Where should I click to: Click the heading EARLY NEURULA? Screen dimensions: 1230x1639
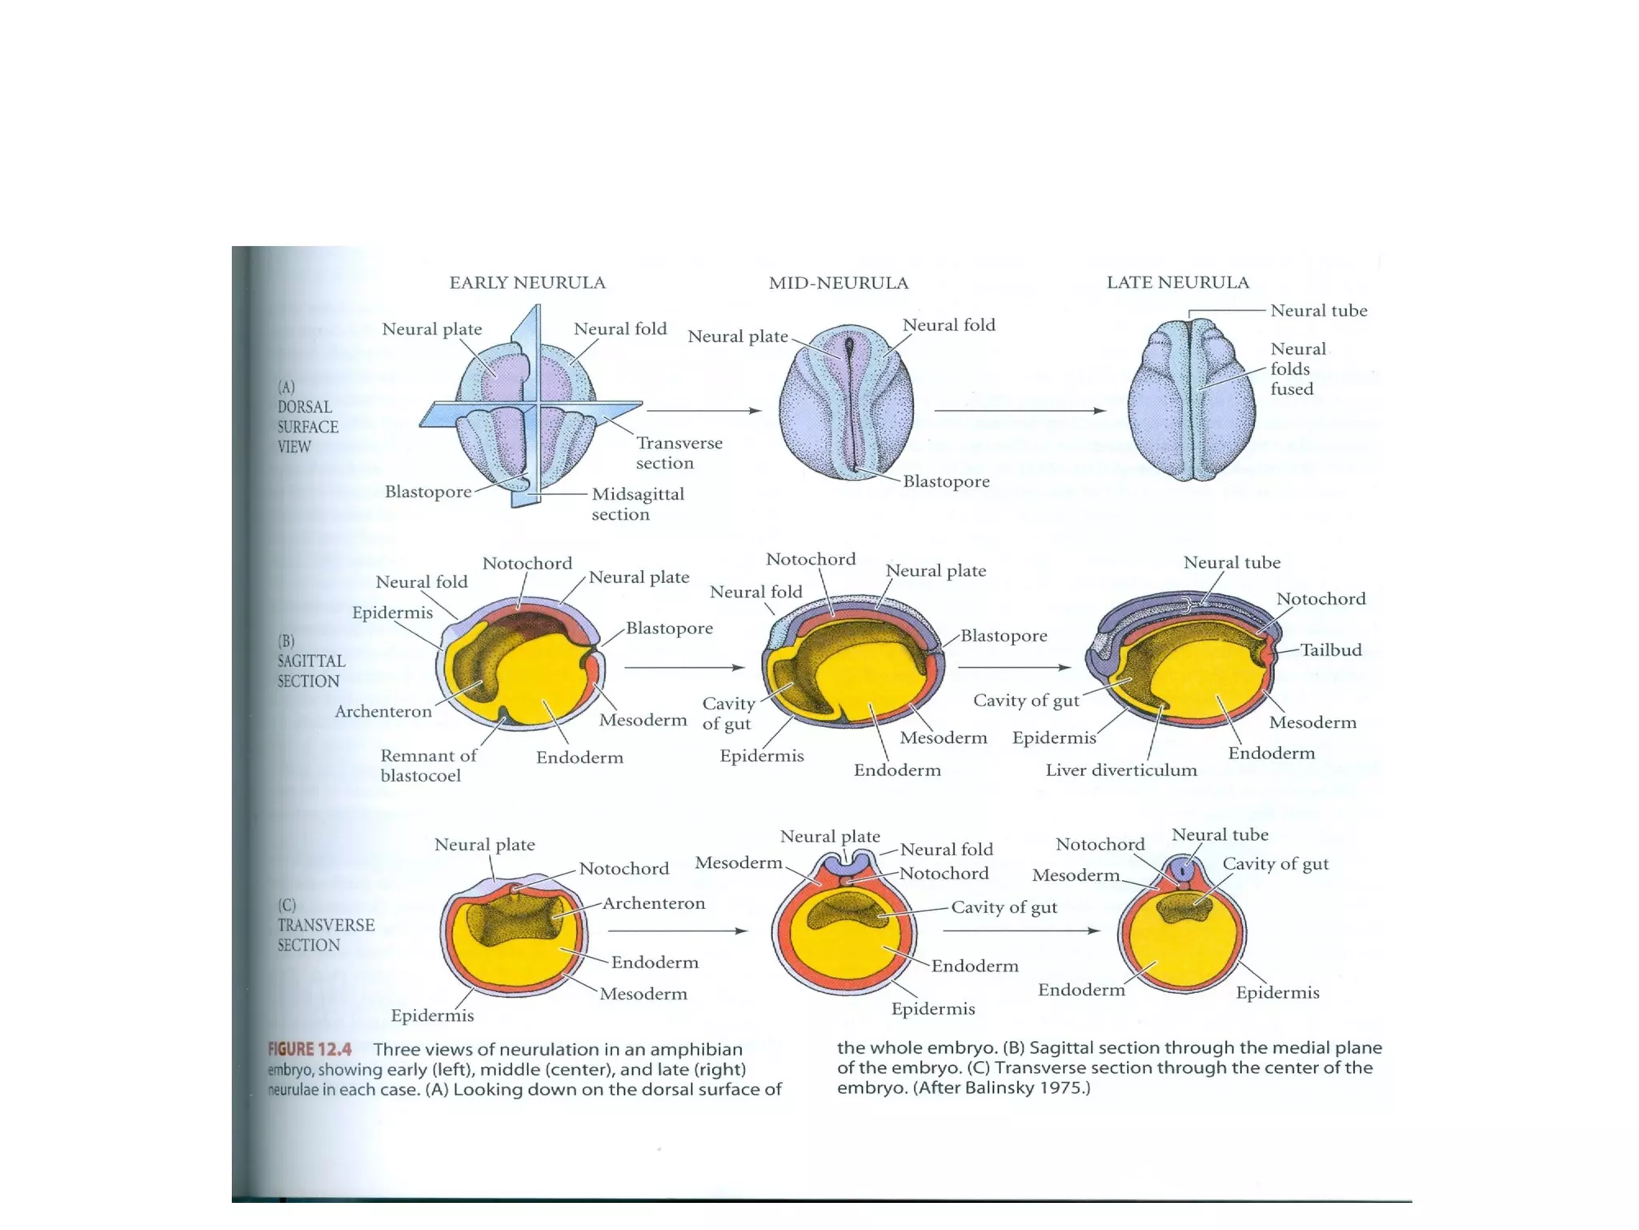coord(527,283)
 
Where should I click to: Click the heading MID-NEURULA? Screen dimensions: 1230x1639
coord(838,283)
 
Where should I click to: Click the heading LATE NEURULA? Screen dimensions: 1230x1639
coord(1177,282)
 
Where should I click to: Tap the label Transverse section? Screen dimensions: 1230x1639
coord(679,452)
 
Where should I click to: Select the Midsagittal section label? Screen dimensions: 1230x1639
coord(638,504)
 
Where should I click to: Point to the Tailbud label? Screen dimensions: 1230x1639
coord(1330,649)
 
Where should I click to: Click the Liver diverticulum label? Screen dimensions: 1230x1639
coord(1120,770)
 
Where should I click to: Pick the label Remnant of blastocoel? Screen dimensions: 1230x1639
coord(428,765)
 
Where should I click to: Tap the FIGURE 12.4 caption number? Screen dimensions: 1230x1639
coord(310,1049)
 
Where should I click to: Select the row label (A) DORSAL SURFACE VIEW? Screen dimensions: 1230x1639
coord(307,416)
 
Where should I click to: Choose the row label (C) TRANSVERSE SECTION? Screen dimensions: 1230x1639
coord(325,925)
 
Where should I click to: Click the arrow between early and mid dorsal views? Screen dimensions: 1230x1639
coord(703,411)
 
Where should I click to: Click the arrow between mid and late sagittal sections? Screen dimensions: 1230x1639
coord(1013,667)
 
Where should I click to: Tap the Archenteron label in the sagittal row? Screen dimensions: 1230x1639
coord(383,711)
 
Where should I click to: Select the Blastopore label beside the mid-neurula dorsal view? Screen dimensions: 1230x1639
coord(946,481)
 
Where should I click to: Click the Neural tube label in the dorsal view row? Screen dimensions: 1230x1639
coord(1318,311)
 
